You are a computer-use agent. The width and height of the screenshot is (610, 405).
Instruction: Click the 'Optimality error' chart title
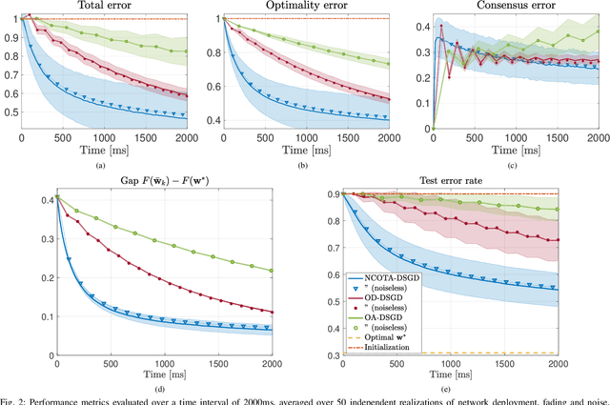pos(306,7)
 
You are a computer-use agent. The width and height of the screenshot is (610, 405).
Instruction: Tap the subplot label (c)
pos(509,165)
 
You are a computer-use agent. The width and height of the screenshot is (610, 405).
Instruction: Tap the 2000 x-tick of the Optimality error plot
pos(386,138)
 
